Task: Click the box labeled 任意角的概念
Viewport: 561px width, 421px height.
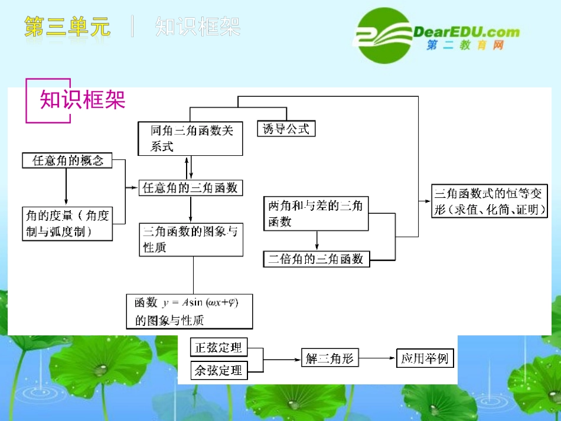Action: [x=66, y=161]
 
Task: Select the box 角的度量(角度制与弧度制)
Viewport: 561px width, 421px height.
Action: [x=67, y=223]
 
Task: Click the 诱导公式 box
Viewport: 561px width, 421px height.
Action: [x=286, y=129]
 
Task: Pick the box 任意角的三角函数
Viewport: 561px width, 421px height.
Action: [x=191, y=188]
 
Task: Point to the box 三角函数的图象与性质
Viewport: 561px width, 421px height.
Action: [x=191, y=240]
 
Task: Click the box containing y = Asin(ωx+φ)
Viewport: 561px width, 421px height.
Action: [x=190, y=311]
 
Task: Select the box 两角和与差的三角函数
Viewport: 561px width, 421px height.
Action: [x=315, y=214]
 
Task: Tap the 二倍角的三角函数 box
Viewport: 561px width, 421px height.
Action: [x=316, y=259]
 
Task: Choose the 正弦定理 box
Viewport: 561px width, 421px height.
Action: [x=219, y=347]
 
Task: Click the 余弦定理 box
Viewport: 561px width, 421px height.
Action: [x=219, y=371]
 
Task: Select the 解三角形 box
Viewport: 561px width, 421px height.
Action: [x=330, y=358]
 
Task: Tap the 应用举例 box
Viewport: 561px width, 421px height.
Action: [x=425, y=358]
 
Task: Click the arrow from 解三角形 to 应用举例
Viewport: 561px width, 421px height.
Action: [x=378, y=358]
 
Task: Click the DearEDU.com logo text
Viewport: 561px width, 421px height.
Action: [x=467, y=32]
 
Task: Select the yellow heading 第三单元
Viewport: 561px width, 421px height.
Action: [x=67, y=27]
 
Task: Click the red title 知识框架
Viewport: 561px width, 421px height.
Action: [x=83, y=100]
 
